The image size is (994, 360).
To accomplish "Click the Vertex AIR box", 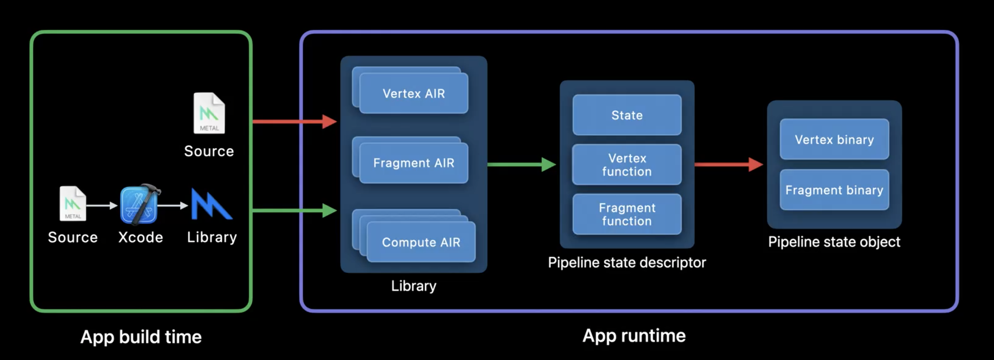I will [x=414, y=94].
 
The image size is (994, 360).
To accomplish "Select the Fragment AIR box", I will [x=414, y=163].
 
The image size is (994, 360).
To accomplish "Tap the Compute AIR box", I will [x=421, y=242].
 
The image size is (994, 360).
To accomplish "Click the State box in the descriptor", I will [x=627, y=115].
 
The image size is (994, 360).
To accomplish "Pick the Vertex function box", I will [x=627, y=165].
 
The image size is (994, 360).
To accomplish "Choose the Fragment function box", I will [x=627, y=214].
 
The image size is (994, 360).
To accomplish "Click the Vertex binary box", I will [x=834, y=139].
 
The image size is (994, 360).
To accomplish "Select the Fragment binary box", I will [x=834, y=190].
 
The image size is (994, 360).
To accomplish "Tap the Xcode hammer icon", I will [x=140, y=205].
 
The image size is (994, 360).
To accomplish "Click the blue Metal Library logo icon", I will [x=211, y=205].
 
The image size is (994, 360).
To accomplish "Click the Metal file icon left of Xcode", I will [x=73, y=204].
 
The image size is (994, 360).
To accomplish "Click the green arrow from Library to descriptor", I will [x=521, y=165].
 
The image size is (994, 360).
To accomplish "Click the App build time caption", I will [x=141, y=337].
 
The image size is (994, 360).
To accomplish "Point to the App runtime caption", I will [x=634, y=336].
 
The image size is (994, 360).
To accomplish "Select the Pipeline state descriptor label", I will [x=627, y=262].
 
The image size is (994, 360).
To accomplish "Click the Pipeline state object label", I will [x=834, y=242].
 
